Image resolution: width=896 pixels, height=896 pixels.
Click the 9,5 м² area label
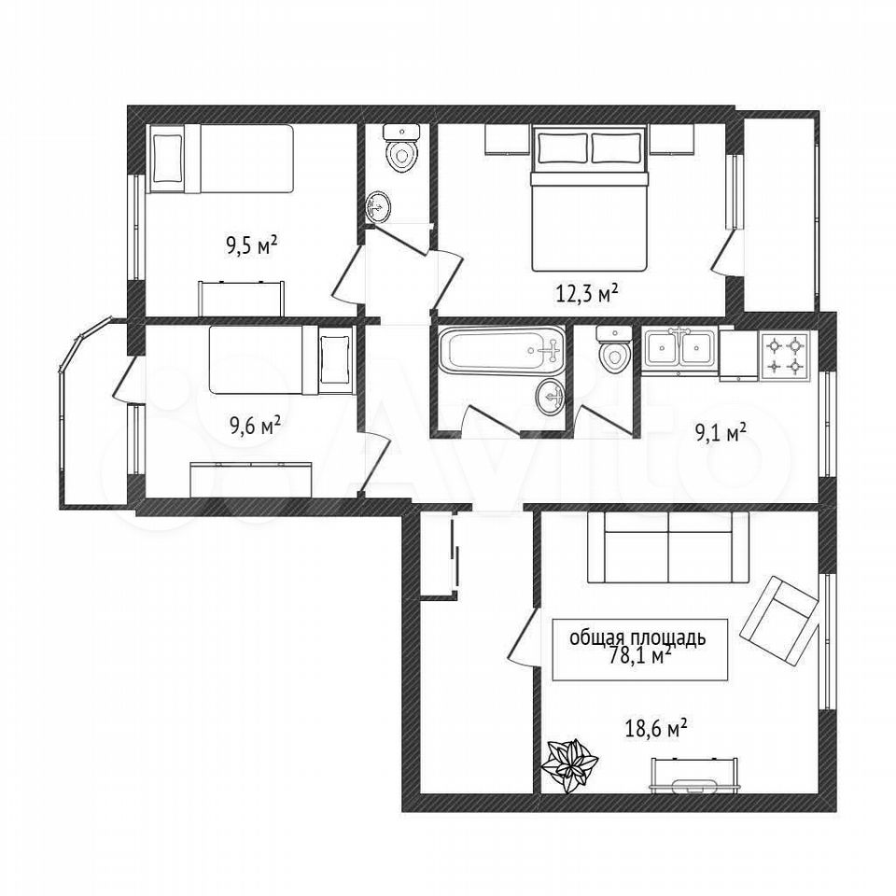[252, 246]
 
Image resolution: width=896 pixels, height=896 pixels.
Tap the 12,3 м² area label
[587, 293]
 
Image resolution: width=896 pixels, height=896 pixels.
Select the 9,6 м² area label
[255, 426]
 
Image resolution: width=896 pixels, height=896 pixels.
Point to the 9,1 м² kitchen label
[721, 434]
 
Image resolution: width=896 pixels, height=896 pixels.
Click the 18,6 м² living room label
[656, 730]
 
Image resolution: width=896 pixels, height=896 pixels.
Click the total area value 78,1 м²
[640, 656]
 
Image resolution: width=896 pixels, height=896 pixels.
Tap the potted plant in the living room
[569, 764]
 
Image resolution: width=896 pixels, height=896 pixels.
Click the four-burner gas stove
[785, 356]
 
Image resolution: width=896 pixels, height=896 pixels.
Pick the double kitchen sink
[679, 348]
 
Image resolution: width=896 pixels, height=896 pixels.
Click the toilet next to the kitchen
[614, 349]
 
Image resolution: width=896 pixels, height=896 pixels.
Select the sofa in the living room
[668, 548]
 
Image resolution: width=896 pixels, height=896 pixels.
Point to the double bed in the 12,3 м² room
[589, 199]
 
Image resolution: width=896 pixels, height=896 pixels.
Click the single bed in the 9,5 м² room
[221, 159]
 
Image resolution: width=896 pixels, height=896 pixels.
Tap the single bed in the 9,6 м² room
[280, 359]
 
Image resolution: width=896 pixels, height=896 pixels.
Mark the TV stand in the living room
[695, 776]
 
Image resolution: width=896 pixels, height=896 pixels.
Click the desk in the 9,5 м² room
[241, 298]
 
